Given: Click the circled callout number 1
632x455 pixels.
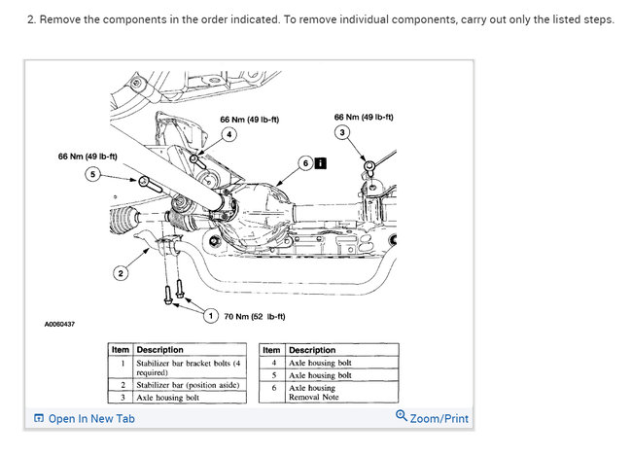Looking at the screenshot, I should pos(211,315).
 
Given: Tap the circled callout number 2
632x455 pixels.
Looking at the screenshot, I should pos(121,273).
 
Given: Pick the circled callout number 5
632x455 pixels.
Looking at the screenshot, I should pos(93,173).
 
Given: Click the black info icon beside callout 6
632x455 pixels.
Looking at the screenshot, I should pos(320,164).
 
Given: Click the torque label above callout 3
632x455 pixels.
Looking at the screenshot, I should pos(363,118).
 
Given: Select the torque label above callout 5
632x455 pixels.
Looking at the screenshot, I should pos(88,156).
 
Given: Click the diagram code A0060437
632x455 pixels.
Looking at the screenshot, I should pos(59,324).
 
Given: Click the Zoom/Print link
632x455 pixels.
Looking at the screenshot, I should pos(432,418).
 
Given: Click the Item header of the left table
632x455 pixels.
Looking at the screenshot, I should pos(120,350).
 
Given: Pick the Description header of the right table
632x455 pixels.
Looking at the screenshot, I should pos(312,350).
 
